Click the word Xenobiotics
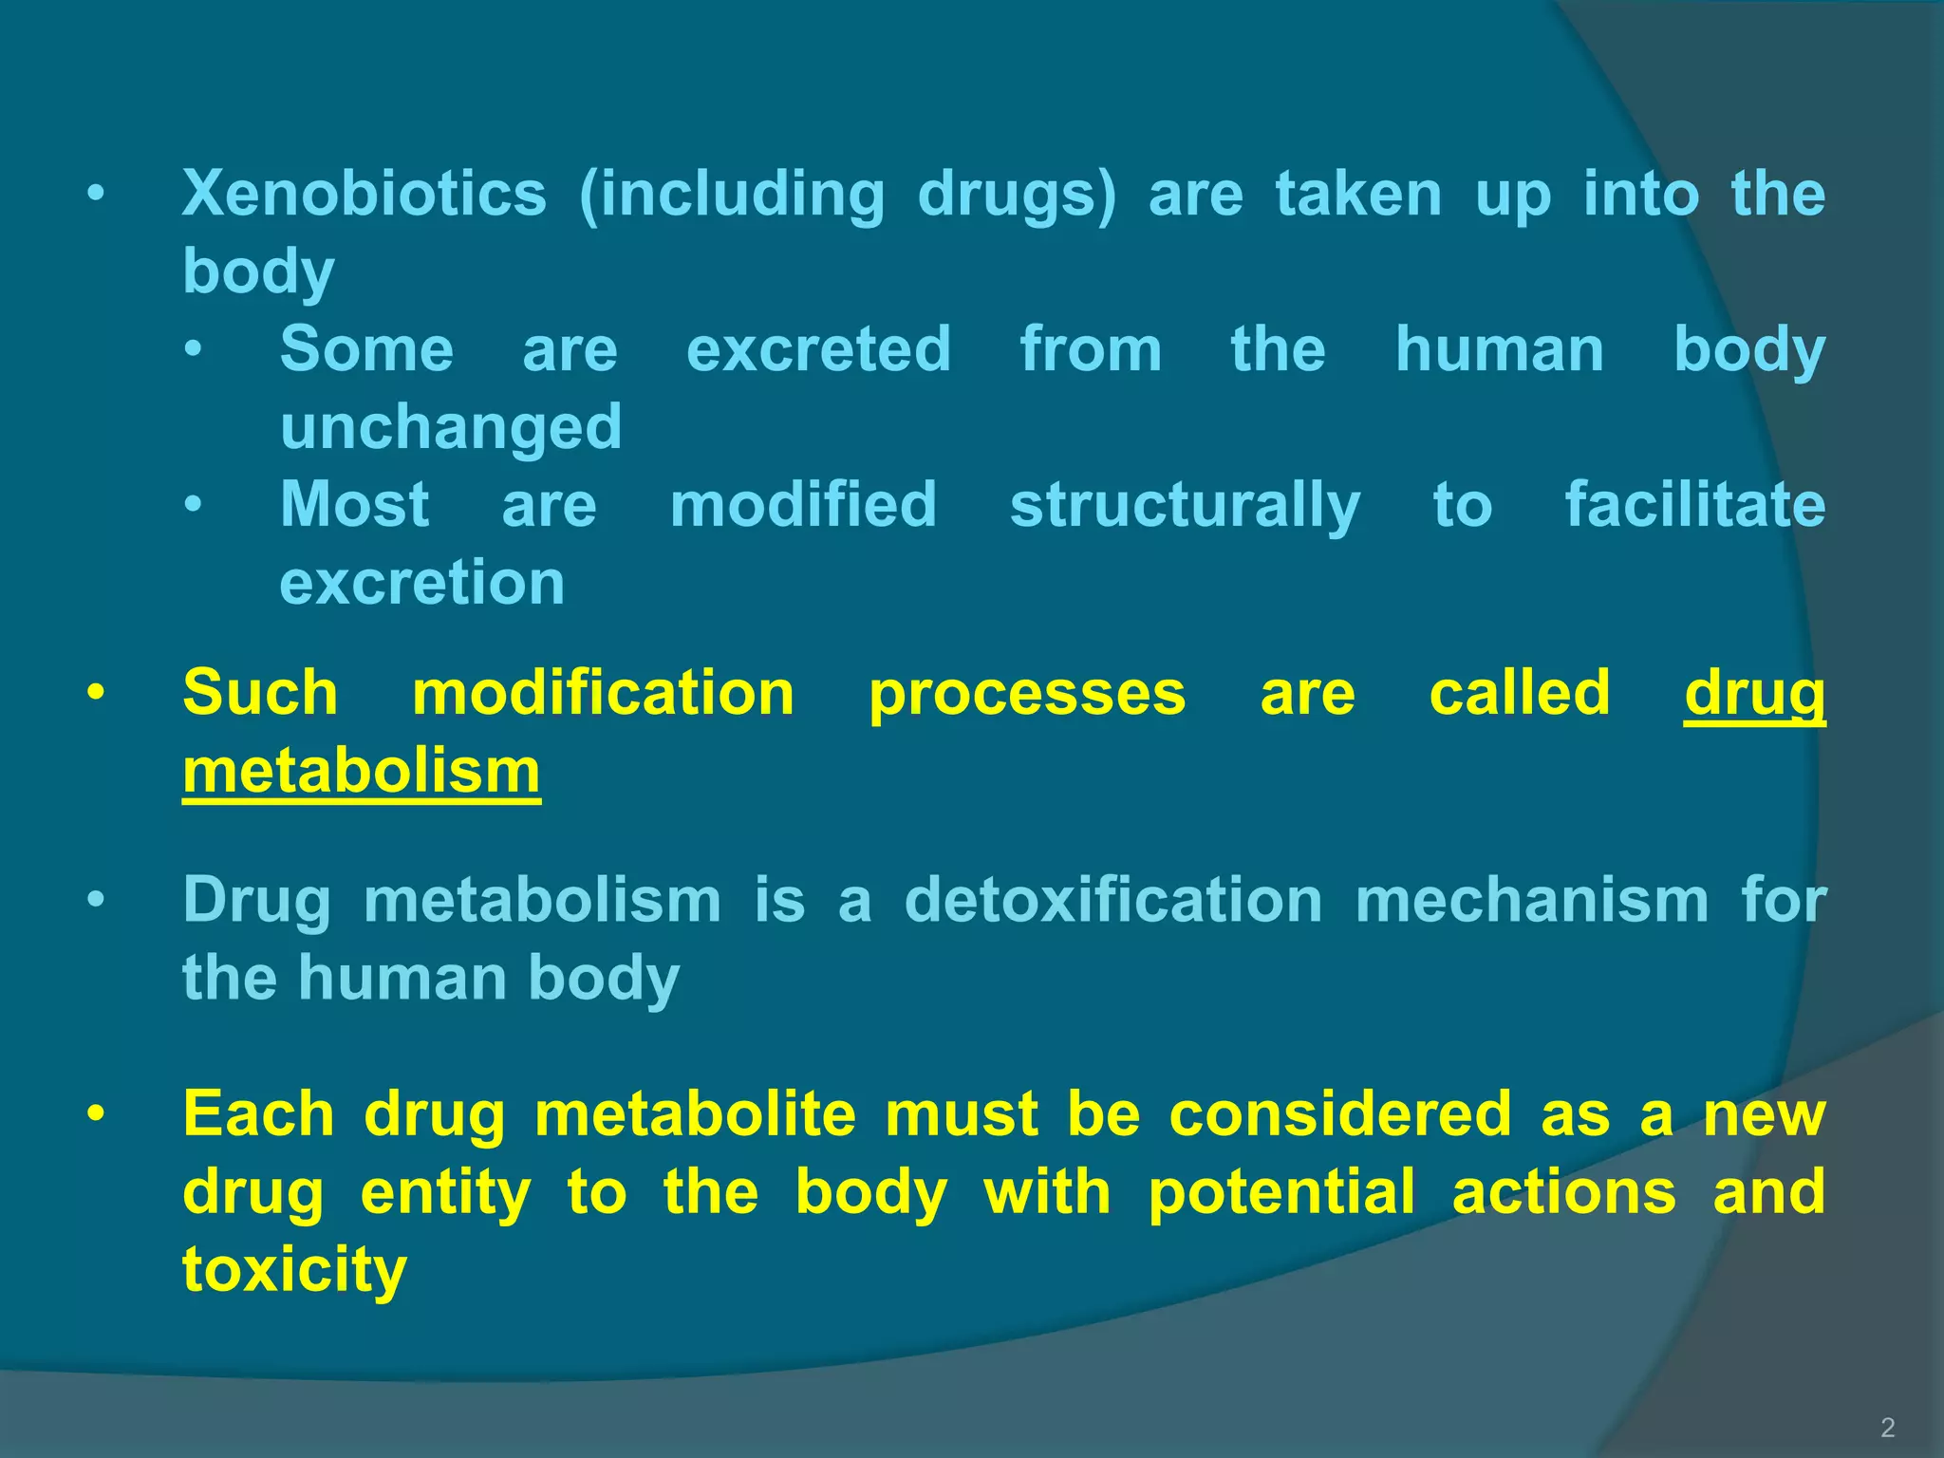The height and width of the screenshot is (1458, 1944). [x=364, y=194]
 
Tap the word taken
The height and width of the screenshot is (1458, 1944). [x=1358, y=194]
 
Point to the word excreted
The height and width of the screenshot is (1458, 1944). [x=818, y=349]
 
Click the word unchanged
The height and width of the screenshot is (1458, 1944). [x=451, y=428]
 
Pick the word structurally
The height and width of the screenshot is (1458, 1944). [x=1185, y=505]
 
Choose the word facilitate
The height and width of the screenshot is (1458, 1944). [x=1694, y=504]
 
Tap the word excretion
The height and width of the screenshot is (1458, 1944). [x=422, y=582]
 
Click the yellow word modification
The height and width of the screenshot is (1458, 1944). [x=603, y=693]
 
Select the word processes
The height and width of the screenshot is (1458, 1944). [x=1027, y=695]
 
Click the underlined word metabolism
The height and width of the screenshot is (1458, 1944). [x=362, y=771]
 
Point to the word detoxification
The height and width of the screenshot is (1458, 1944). [x=1112, y=900]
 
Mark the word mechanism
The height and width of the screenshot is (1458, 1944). [x=1532, y=900]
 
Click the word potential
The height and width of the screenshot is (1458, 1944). [x=1281, y=1192]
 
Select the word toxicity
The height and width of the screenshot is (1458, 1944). [x=294, y=1271]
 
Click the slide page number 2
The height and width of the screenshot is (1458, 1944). [x=1887, y=1428]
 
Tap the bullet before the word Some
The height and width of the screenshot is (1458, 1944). [x=194, y=349]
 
